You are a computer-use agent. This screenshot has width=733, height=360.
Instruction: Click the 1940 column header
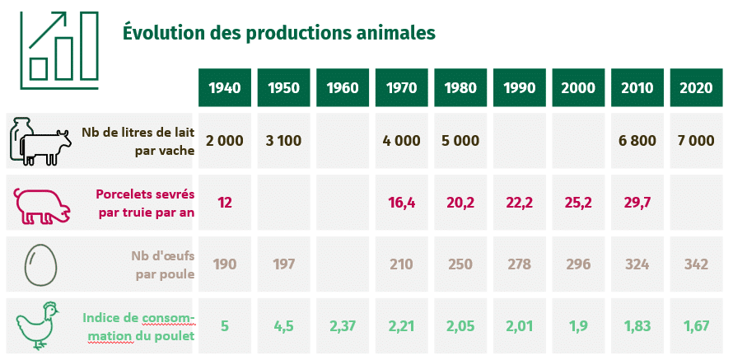(224, 88)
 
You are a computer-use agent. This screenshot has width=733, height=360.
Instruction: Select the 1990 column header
(520, 88)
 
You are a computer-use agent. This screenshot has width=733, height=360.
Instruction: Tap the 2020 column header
(697, 88)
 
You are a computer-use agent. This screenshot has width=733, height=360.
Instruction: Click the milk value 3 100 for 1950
(283, 140)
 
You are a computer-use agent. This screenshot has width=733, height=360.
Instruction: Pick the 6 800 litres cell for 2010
(637, 140)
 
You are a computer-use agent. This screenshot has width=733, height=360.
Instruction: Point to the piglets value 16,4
(402, 203)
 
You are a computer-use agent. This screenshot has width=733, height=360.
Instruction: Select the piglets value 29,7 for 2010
(637, 203)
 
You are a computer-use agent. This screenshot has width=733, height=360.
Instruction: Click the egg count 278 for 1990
(520, 264)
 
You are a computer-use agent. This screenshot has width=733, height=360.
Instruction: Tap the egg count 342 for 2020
(697, 264)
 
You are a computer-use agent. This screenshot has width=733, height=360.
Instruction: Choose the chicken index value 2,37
(343, 326)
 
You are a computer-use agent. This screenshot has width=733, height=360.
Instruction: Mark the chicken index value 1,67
(697, 326)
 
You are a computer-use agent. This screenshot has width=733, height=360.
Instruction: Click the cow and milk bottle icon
(40, 141)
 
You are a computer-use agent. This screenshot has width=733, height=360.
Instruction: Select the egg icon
(41, 265)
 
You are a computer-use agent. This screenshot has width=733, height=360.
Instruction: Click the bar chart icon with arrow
(59, 50)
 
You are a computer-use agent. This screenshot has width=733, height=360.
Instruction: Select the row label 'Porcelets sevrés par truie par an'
(145, 203)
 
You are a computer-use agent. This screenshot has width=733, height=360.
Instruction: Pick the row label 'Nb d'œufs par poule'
(163, 264)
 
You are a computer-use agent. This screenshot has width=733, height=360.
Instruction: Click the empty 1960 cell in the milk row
(343, 140)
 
